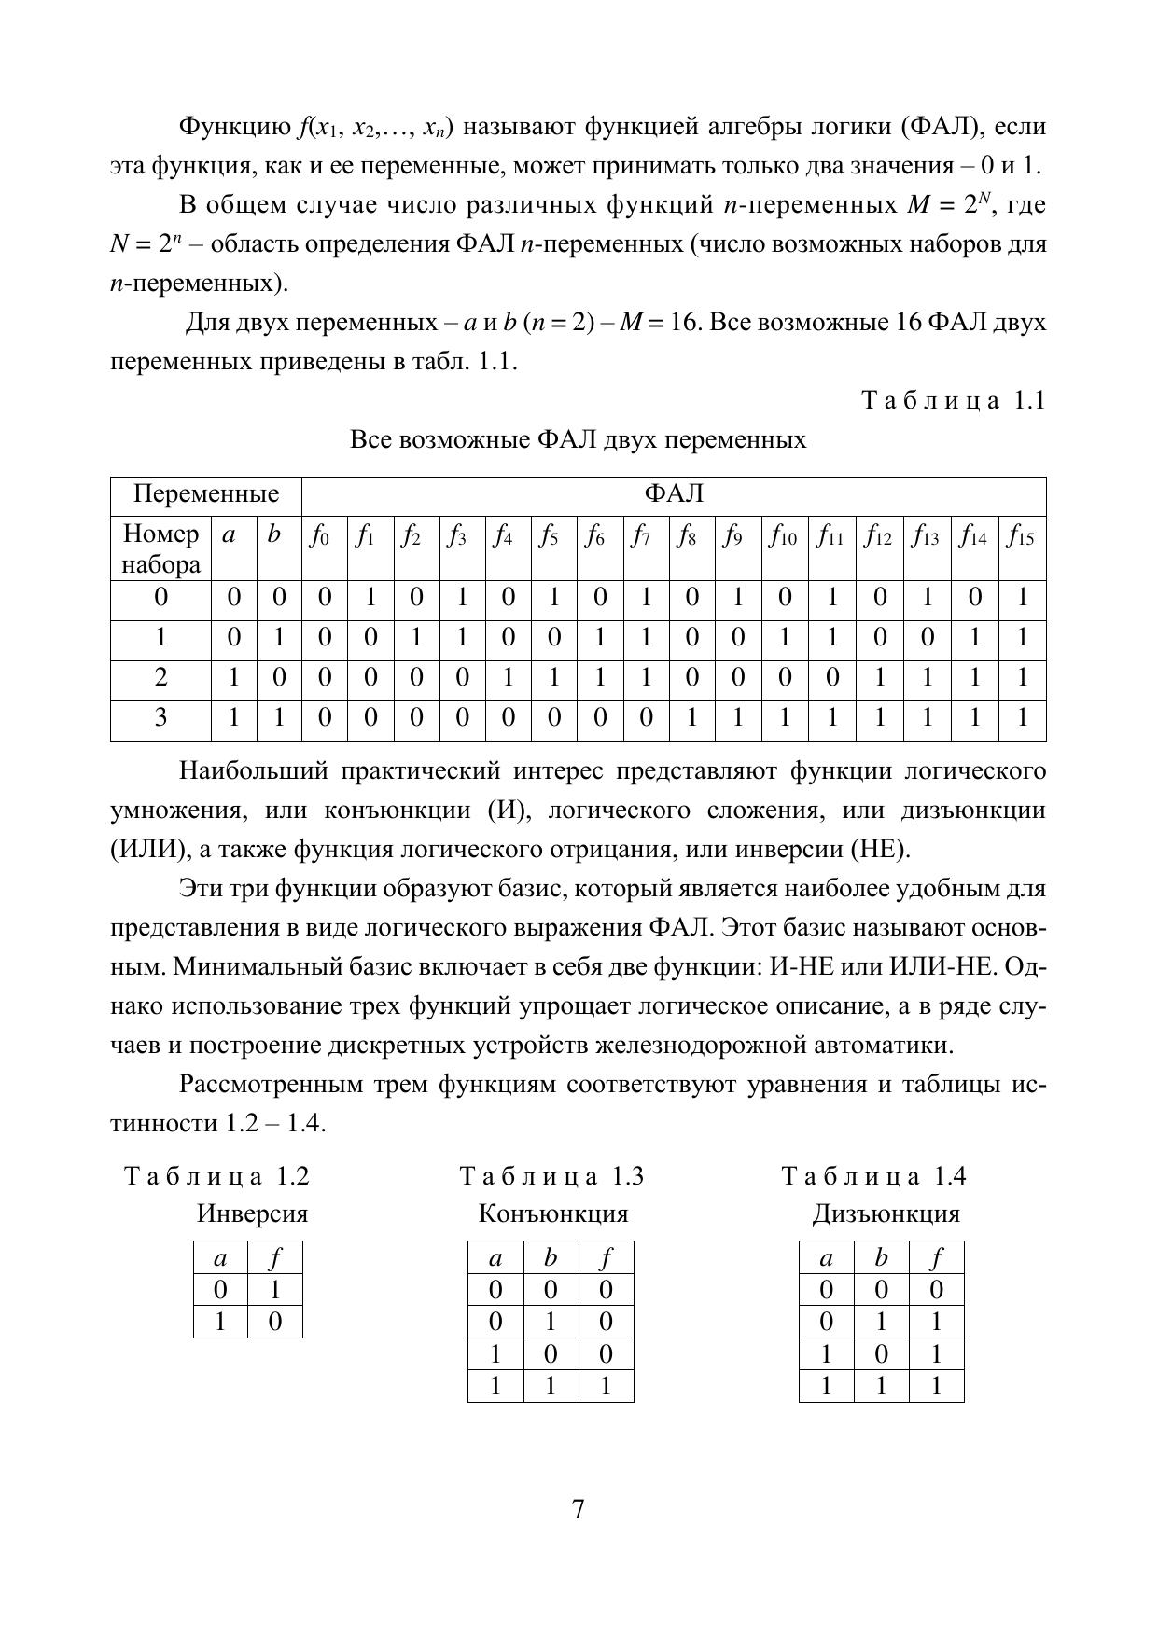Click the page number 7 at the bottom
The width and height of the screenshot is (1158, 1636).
coord(579,1509)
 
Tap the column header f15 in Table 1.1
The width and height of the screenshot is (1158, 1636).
coord(1021,537)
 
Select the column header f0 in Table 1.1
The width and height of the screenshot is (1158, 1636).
coord(324,537)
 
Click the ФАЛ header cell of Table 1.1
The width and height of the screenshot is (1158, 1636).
coord(674,493)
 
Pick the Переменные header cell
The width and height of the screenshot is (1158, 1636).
coord(206,493)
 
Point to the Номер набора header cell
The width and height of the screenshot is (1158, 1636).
coord(160,548)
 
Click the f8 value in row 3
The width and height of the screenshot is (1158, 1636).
coord(691,717)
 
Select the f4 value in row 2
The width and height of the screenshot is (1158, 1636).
coord(508,677)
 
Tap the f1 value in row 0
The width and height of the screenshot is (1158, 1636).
coord(370,597)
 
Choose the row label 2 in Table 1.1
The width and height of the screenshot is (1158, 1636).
coord(160,677)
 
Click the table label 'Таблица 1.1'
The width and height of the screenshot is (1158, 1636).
coord(953,400)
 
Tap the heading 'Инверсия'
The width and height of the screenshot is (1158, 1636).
coord(252,1213)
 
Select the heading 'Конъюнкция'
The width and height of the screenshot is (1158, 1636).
coord(553,1213)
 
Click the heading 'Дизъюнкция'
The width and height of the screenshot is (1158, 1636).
coord(886,1213)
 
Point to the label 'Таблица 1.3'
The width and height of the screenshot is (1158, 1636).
coord(552,1175)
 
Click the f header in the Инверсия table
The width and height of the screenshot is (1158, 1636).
coord(275,1259)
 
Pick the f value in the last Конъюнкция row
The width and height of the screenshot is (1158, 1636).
coord(606,1386)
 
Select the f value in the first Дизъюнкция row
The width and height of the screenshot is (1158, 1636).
coord(936,1290)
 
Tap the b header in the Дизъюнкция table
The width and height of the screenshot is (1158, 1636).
coord(881,1258)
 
